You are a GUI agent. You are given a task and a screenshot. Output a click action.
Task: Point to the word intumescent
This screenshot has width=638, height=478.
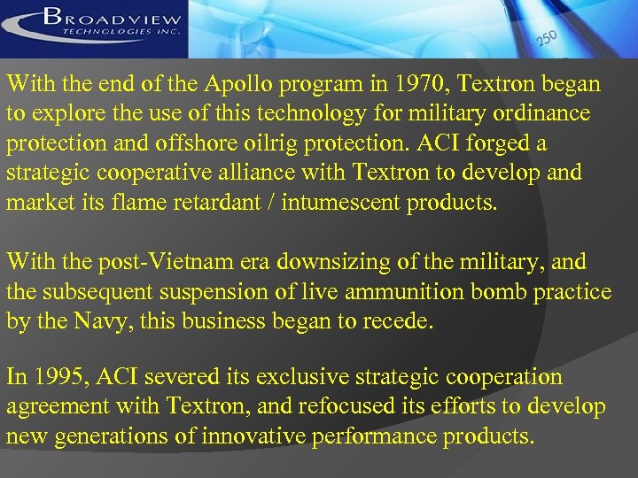point(342,202)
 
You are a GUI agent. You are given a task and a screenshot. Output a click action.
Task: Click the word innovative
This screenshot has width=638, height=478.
point(248,436)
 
